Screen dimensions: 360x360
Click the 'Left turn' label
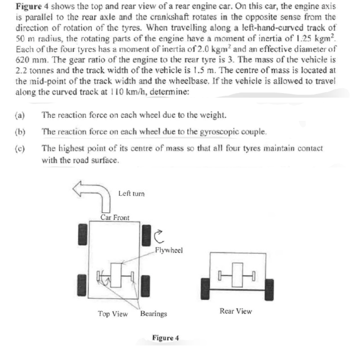point(131,193)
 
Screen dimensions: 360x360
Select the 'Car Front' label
point(115,218)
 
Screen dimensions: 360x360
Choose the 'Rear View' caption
point(236,311)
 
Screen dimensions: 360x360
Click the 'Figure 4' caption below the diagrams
point(166,337)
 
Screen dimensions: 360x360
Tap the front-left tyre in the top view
point(82,235)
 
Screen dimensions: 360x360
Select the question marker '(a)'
point(20,115)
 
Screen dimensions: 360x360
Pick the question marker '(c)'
point(20,148)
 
